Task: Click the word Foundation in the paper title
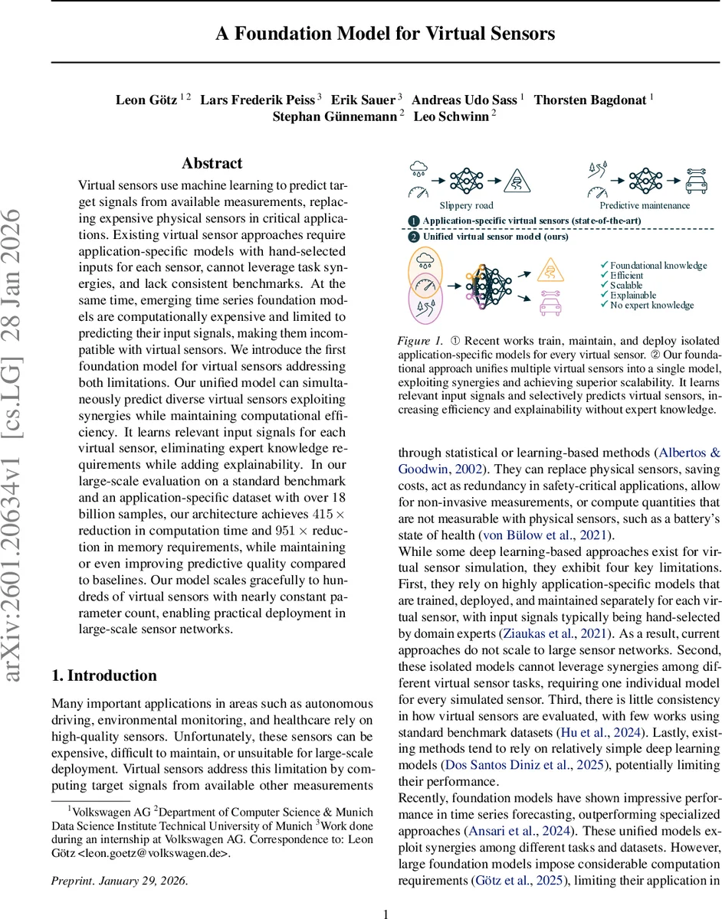291,34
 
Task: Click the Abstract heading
212,163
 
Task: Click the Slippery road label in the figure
467,205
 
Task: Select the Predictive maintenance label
644,205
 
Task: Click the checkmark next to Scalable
604,286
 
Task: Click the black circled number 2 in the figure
413,237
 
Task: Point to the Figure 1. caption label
422,340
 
